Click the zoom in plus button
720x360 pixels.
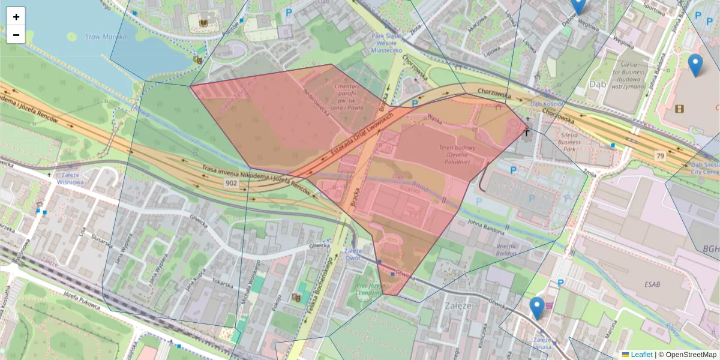coord(16,17)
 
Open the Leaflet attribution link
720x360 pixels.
coord(641,355)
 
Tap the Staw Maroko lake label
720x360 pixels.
coord(106,37)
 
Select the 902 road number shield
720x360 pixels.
coord(232,183)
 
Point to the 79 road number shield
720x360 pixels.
coord(660,156)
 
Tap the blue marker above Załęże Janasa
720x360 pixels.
coord(537,308)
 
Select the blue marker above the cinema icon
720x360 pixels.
coord(695,65)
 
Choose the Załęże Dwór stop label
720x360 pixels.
coord(353,255)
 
